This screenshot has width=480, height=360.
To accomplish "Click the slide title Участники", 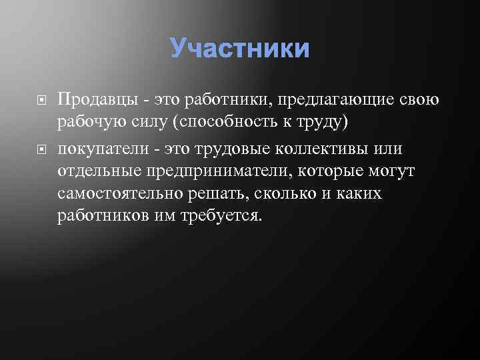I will coord(240,48).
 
